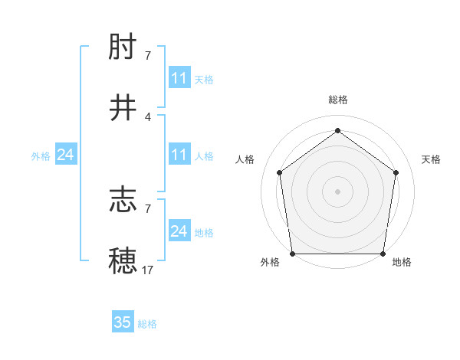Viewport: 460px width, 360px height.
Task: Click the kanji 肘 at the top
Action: [x=123, y=49]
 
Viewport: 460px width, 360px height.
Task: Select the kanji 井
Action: [x=123, y=108]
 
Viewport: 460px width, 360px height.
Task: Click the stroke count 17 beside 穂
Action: [x=148, y=270]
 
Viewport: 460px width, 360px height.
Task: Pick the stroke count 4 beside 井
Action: [x=148, y=116]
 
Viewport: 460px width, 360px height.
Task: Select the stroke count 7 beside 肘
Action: [x=148, y=55]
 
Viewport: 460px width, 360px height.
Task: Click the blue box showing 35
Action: [x=123, y=322]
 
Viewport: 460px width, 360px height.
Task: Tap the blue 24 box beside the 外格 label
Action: [x=66, y=155]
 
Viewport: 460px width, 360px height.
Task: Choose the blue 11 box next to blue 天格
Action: [x=179, y=78]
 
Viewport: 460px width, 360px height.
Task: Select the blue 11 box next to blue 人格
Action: [x=179, y=155]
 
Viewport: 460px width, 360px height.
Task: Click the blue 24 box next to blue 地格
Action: [x=179, y=231]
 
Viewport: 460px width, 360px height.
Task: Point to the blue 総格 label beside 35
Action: [x=147, y=324]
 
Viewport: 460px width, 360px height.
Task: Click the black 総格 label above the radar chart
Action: [x=337, y=100]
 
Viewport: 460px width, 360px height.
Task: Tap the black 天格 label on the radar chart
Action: [x=431, y=159]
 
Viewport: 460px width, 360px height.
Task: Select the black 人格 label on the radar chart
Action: [x=245, y=159]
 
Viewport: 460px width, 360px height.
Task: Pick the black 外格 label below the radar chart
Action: [x=270, y=263]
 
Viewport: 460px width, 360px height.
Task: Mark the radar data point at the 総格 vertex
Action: [x=337, y=131]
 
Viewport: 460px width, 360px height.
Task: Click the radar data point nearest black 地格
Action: [x=383, y=254]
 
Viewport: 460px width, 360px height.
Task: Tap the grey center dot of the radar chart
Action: [x=337, y=191]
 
